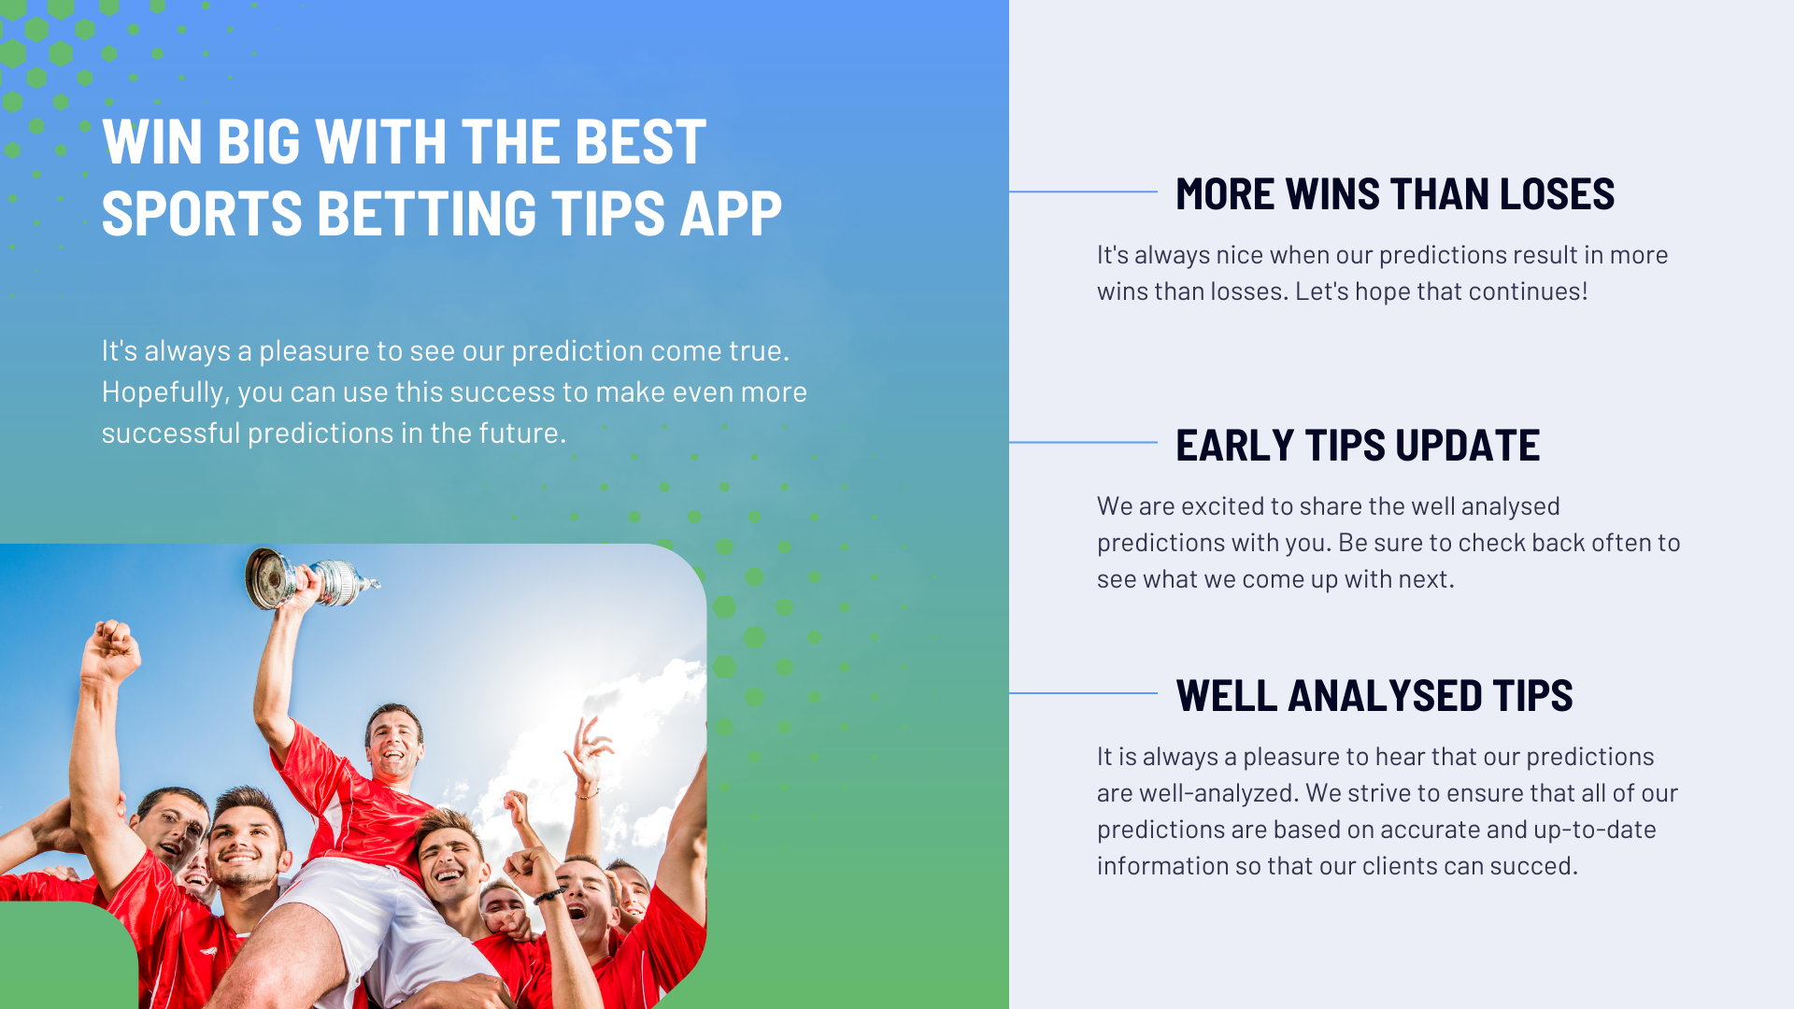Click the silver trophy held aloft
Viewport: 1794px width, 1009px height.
click(308, 577)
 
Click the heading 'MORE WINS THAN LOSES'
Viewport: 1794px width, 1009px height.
click(1395, 194)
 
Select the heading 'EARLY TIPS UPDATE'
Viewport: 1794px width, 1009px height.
click(1358, 445)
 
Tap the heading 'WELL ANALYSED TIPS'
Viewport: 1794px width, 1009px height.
click(1374, 695)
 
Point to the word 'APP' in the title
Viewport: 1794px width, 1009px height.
click(731, 213)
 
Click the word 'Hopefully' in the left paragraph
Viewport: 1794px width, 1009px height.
click(164, 392)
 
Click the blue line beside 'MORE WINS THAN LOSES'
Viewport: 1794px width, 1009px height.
click(1083, 192)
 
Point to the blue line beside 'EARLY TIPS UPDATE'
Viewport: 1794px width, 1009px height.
click(1083, 442)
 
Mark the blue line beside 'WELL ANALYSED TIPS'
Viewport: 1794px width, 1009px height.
click(1083, 692)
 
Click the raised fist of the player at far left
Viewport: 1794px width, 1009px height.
click(111, 648)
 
